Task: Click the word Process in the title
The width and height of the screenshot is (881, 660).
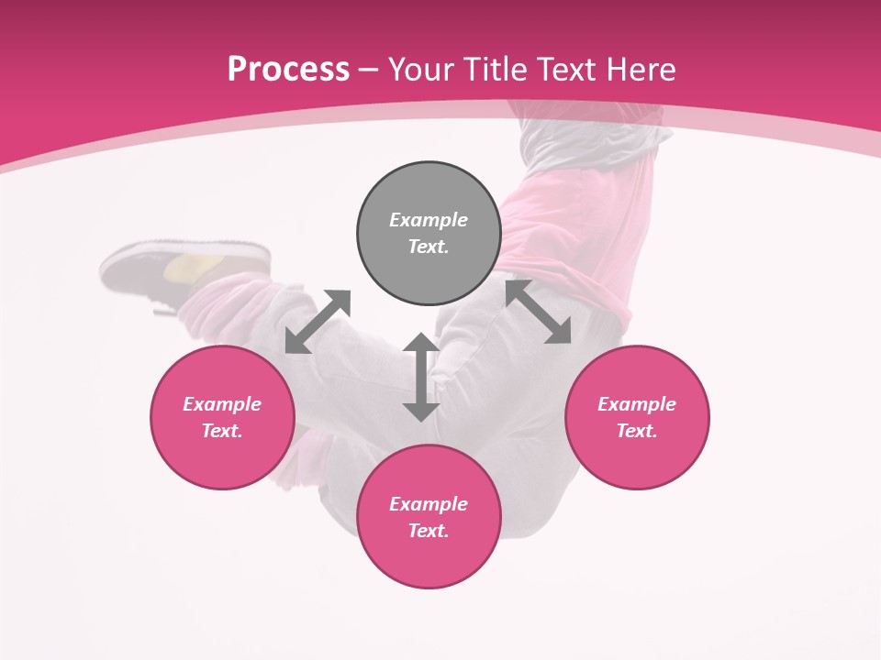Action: coord(288,70)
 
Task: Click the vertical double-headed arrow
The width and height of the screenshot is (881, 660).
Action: coord(421,377)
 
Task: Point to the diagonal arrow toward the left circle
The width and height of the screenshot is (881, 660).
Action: coord(318,322)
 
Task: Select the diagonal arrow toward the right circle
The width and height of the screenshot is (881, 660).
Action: coord(538,312)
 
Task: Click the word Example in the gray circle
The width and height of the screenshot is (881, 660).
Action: coord(429,220)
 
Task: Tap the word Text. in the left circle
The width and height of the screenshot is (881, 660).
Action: coord(222,431)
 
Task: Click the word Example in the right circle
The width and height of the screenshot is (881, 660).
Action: coord(637,404)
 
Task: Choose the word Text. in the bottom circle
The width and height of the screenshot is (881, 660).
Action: coord(429,531)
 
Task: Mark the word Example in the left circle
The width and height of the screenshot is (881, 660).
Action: coord(222,404)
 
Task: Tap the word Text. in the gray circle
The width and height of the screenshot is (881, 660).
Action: coord(429,247)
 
